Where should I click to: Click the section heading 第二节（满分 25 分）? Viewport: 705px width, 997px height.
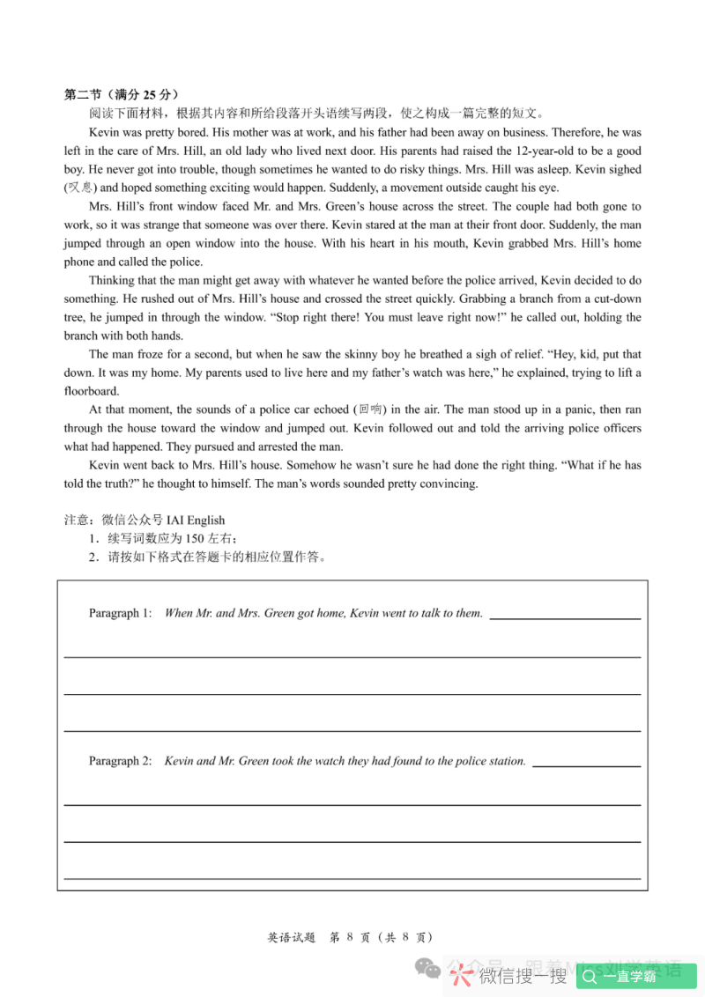click(x=122, y=94)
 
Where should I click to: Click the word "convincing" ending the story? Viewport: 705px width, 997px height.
click(x=449, y=483)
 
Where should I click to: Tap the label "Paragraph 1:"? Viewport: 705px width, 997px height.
click(x=121, y=613)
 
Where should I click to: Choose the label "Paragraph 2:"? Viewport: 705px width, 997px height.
click(x=121, y=761)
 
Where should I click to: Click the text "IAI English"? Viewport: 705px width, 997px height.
click(x=196, y=520)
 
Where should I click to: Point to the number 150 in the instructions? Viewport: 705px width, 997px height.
click(x=196, y=538)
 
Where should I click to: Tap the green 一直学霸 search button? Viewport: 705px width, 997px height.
click(x=636, y=976)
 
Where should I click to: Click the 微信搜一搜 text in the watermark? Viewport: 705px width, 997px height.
click(x=523, y=976)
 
